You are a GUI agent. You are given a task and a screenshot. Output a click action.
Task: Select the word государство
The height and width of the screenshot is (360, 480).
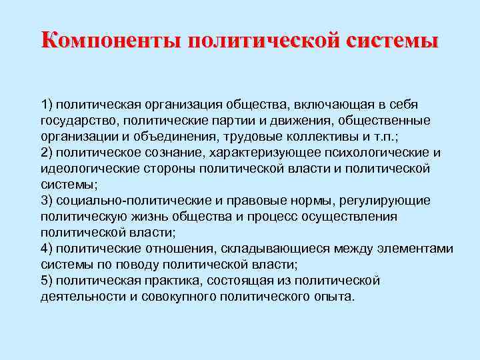[82, 121]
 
